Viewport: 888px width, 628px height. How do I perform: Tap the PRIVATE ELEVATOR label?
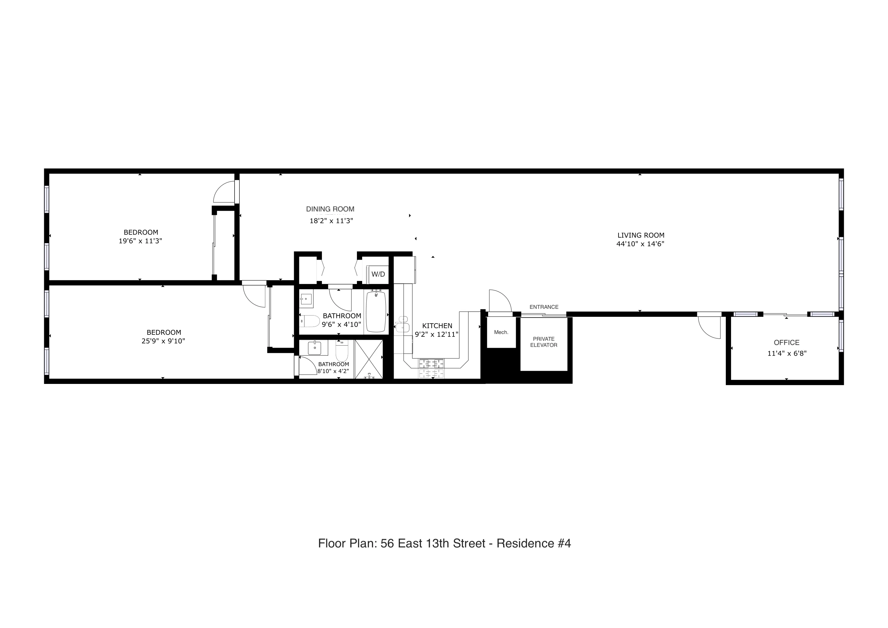pos(543,342)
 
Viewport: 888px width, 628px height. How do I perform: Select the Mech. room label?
pos(501,332)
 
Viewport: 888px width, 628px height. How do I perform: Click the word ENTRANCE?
pos(544,307)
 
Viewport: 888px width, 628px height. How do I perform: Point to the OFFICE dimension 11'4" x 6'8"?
pos(787,353)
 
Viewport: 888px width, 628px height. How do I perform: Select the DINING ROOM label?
pos(330,209)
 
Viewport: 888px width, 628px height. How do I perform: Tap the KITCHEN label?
pos(437,326)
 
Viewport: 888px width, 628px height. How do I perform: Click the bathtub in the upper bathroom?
pos(376,312)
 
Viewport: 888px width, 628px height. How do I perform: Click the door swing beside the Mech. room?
pos(500,301)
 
